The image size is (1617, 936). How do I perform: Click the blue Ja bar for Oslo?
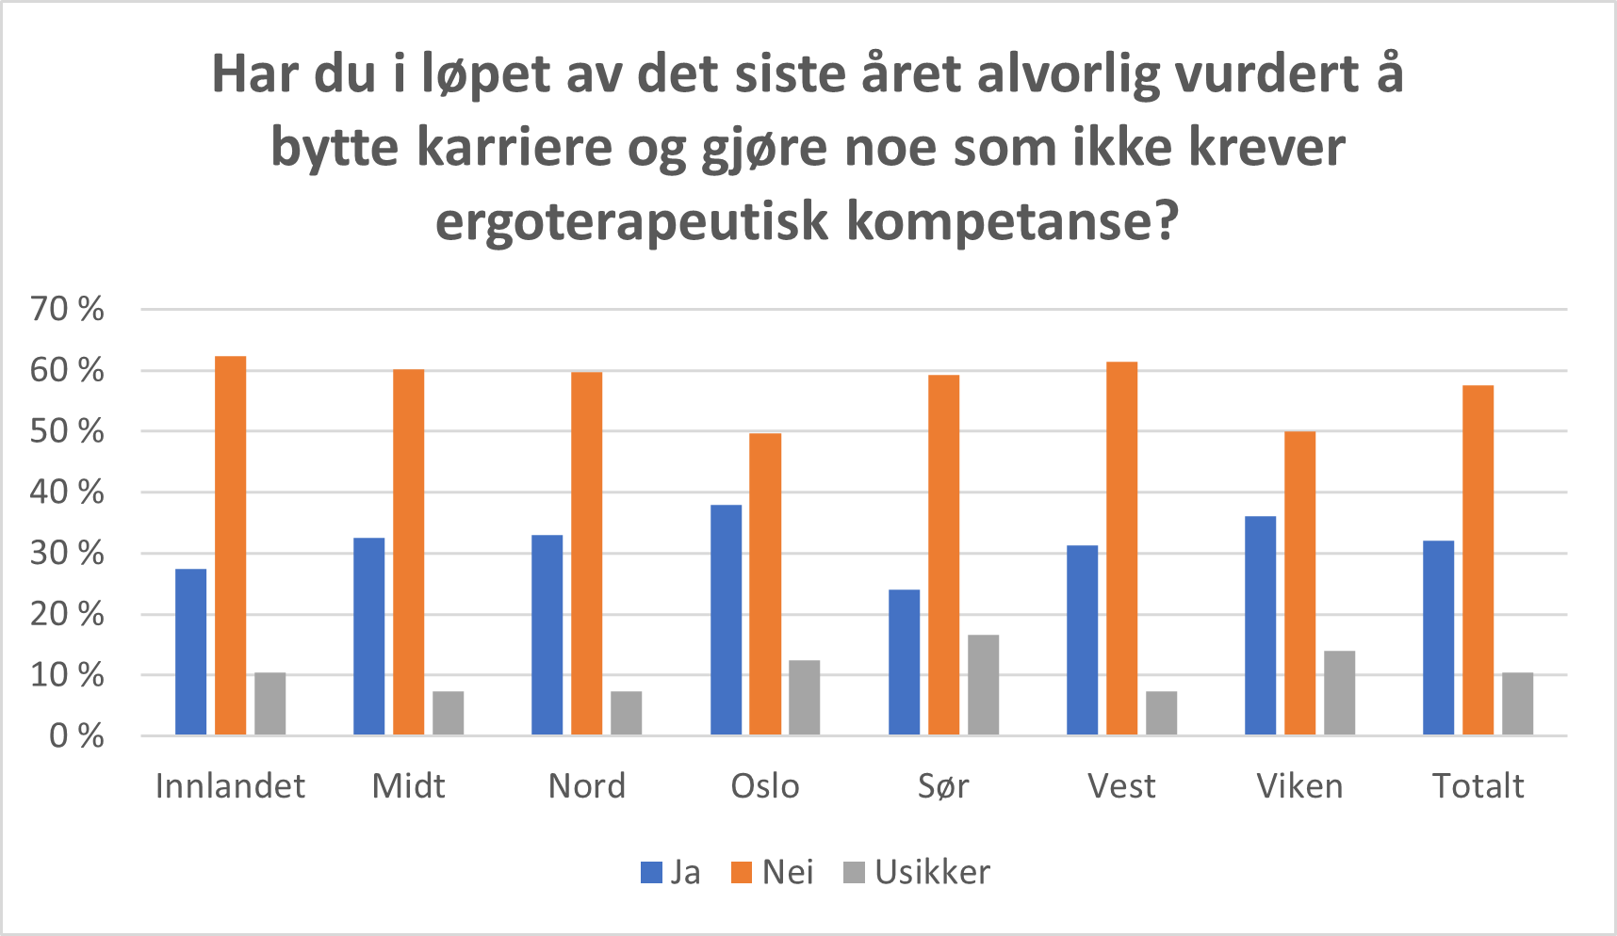pyautogui.click(x=726, y=620)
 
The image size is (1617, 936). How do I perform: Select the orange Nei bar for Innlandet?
pyautogui.click(x=231, y=545)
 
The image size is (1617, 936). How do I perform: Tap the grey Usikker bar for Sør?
pyautogui.click(x=983, y=685)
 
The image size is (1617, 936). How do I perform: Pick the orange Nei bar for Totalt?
pyautogui.click(x=1478, y=560)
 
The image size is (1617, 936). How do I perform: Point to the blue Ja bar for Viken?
pyautogui.click(x=1260, y=625)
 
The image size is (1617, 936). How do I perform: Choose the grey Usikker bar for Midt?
pyautogui.click(x=448, y=713)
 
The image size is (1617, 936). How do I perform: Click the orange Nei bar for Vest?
pyautogui.click(x=1121, y=548)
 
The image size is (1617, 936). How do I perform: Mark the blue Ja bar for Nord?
pyautogui.click(x=547, y=635)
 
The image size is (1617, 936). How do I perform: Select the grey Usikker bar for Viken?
pyautogui.click(x=1339, y=692)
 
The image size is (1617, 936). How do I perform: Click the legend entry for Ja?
pyautogui.click(x=671, y=873)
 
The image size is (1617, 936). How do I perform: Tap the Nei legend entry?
pyautogui.click(x=773, y=873)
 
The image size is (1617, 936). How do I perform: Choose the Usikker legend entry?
pyautogui.click(x=917, y=873)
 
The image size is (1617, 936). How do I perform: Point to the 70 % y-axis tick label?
pyautogui.click(x=67, y=309)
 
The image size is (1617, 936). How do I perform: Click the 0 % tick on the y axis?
pyautogui.click(x=76, y=735)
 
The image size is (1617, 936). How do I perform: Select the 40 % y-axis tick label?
pyautogui.click(x=67, y=492)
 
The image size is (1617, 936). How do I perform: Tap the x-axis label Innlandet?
pyautogui.click(x=230, y=786)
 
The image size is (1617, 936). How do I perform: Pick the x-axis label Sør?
pyautogui.click(x=943, y=786)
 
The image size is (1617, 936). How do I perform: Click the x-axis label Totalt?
pyautogui.click(x=1478, y=786)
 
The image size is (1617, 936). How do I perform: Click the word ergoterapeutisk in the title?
pyautogui.click(x=632, y=222)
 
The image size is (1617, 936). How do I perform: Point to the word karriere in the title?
pyautogui.click(x=514, y=148)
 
